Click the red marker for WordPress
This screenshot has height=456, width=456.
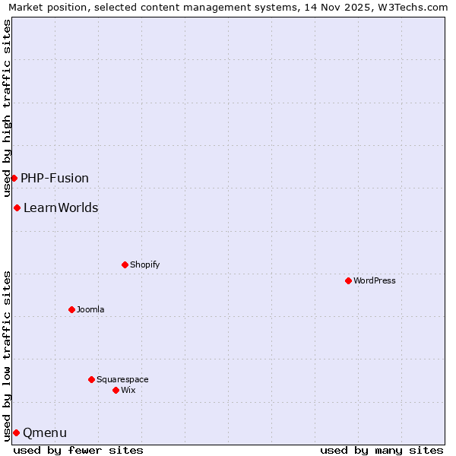pos(349,280)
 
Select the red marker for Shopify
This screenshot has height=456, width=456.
pos(125,264)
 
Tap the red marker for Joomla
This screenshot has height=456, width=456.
pos(72,309)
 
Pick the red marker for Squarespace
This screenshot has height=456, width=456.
pos(92,379)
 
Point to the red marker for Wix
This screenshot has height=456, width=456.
pos(116,390)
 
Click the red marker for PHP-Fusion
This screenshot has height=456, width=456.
pos(14,178)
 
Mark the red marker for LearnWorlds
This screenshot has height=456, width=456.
pos(17,207)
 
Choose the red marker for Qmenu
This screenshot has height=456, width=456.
pos(16,432)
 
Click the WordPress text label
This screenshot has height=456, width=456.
pos(375,280)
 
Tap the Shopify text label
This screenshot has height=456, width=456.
pos(144,264)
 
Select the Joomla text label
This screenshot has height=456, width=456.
pos(90,309)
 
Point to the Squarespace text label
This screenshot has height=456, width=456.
pos(122,379)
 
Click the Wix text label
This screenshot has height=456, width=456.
pos(128,390)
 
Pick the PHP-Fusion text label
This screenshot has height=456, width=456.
pos(55,178)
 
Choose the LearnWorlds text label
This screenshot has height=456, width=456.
pos(61,207)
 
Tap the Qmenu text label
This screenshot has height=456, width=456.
pos(45,432)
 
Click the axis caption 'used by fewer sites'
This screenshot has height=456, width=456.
pos(78,450)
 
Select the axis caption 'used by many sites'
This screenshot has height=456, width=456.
pos(382,450)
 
